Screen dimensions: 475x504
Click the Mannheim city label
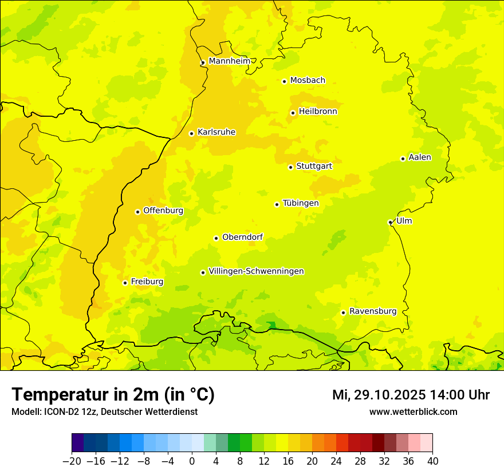point(229,61)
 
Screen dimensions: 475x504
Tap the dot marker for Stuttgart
point(290,167)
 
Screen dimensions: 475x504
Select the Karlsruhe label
point(216,132)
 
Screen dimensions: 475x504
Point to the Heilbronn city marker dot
point(293,113)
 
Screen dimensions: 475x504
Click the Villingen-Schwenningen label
point(256,271)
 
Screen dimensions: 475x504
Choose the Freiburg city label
point(147,282)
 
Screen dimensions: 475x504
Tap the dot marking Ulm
point(390,222)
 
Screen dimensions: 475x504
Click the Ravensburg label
point(372,311)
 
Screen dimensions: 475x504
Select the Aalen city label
point(419,157)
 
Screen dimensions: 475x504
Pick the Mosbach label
point(308,81)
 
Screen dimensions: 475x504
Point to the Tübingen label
point(301,203)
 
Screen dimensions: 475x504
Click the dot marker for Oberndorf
point(216,238)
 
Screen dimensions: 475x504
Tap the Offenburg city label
point(163,211)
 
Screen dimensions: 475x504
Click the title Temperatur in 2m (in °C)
point(113,395)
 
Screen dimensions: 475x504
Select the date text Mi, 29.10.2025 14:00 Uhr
point(411,395)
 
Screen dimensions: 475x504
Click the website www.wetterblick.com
point(413,411)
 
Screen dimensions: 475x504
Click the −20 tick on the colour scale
point(72,461)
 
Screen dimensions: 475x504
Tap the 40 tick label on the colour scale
point(432,461)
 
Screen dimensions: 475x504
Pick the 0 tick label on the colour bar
point(192,461)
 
